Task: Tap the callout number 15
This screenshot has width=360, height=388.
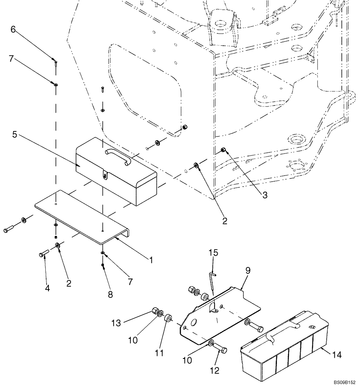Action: (213, 253)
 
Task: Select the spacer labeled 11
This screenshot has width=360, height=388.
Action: (168, 319)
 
